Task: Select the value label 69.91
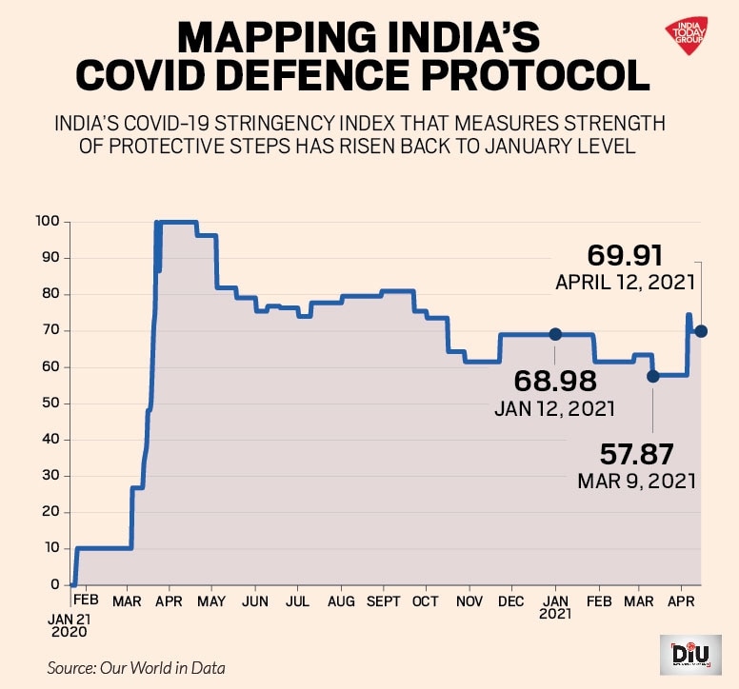625,256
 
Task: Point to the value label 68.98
555,382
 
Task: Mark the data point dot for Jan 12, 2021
555,334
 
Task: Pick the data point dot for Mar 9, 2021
652,376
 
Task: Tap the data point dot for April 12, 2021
701,331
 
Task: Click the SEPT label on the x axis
383,602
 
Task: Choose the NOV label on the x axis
469,602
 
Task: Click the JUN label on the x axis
254,602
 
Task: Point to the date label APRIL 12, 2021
626,283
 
